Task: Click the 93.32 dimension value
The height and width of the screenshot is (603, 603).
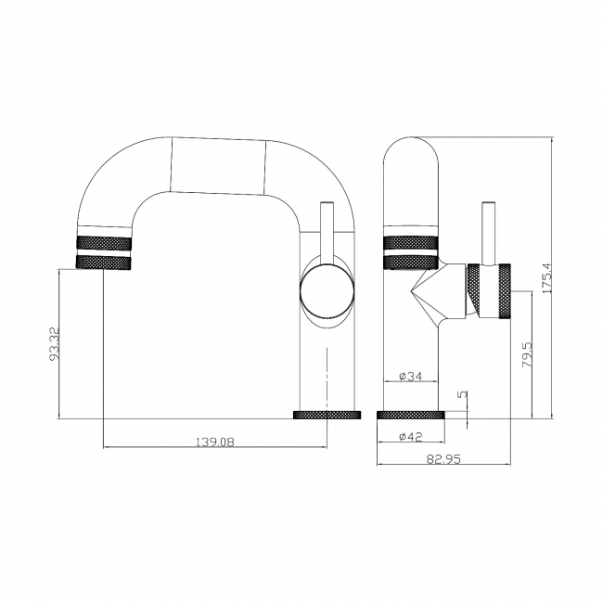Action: (56, 342)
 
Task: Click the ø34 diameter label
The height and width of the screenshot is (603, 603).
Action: (410, 376)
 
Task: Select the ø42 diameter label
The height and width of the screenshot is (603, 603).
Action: (410, 435)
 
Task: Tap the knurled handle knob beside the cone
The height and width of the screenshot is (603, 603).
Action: (489, 292)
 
